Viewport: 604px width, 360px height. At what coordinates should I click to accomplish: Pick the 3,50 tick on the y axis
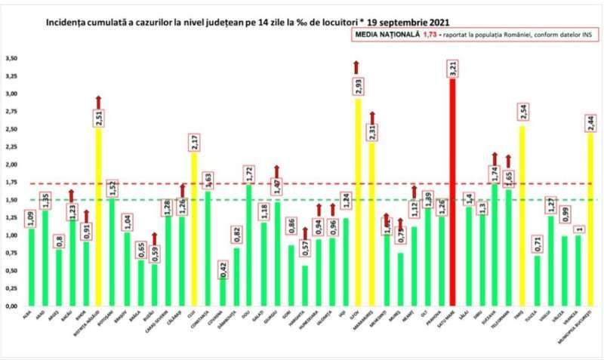[x=11, y=58]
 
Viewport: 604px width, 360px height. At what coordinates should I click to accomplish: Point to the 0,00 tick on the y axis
[x=11, y=306]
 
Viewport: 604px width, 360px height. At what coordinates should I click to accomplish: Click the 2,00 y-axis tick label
[x=11, y=165]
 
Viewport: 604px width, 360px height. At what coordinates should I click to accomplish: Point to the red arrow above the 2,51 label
[x=97, y=102]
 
